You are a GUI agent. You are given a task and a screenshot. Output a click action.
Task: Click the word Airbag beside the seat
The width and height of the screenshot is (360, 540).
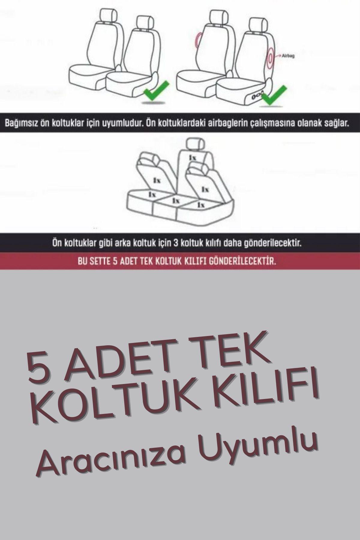point(287,55)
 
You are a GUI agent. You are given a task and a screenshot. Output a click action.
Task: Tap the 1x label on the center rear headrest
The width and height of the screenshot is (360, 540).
point(192,157)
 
